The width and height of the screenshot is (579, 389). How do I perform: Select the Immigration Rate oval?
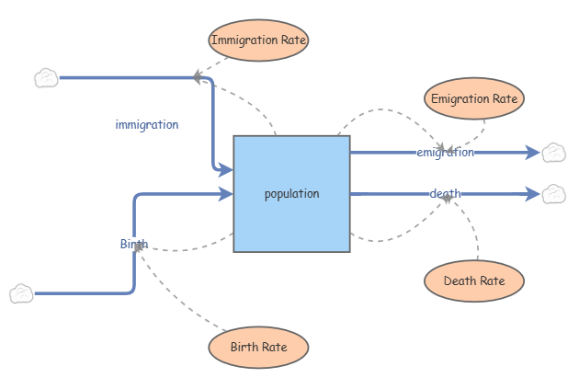258,40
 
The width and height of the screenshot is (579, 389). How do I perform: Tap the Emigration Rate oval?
474,97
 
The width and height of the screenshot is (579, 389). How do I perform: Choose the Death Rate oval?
474,280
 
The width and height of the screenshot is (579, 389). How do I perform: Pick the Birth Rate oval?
258,347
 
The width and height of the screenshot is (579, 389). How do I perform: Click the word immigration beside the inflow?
147,124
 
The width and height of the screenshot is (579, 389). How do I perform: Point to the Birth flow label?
133,244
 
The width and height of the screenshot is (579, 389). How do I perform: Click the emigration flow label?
446,153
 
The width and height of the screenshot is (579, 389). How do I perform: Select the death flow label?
446,193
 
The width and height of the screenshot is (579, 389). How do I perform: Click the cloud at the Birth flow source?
21,293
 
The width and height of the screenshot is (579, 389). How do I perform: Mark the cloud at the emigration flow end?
553,153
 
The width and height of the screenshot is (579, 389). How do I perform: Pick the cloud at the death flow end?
553,194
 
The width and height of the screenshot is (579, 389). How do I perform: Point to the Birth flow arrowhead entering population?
225,194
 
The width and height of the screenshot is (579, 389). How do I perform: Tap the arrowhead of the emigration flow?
532,153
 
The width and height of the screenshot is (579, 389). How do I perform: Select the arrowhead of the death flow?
532,194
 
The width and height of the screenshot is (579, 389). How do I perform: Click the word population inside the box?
291,194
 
